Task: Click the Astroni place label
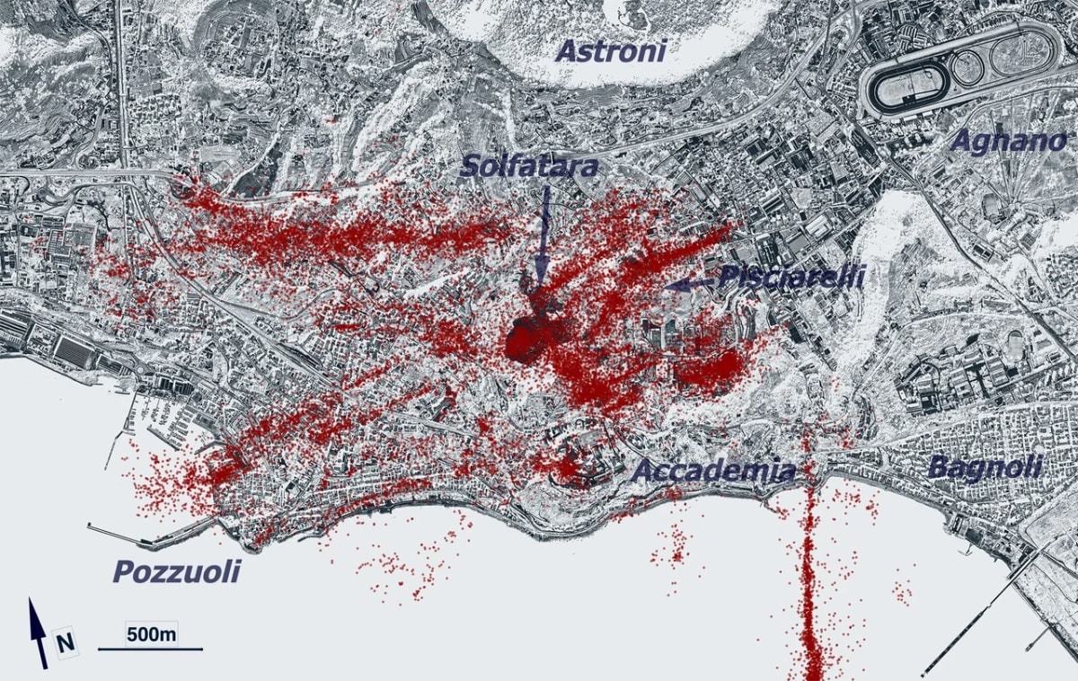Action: pos(610,50)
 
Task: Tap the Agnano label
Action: pos(1008,141)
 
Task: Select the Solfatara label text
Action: pos(529,166)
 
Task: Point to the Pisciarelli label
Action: pos(791,276)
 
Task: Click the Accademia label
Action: pos(715,471)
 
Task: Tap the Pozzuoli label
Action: pos(176,571)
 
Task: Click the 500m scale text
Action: pos(151,634)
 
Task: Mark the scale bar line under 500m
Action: pos(150,649)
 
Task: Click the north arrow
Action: pos(38,632)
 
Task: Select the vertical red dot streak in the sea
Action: pos(810,584)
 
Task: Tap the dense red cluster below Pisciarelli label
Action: pos(710,368)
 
